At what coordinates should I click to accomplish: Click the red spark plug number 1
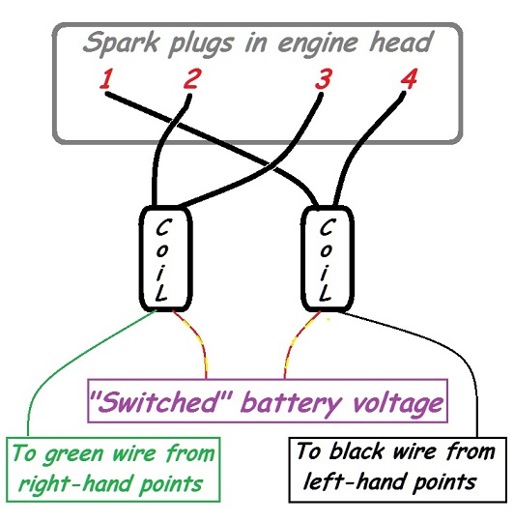click(106, 78)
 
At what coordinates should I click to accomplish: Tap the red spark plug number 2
click(192, 78)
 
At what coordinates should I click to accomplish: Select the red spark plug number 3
click(324, 78)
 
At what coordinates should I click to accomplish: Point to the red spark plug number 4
click(409, 78)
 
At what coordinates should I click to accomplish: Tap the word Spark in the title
click(121, 44)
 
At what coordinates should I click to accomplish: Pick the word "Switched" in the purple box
click(163, 401)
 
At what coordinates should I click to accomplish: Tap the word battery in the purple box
click(295, 403)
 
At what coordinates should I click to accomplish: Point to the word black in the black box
click(357, 451)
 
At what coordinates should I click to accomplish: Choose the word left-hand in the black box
click(355, 481)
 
